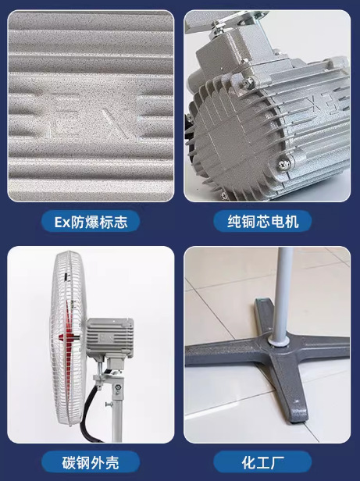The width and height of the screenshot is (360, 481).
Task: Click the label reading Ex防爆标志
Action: (91, 221)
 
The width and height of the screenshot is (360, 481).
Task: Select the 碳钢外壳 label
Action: (91, 461)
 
